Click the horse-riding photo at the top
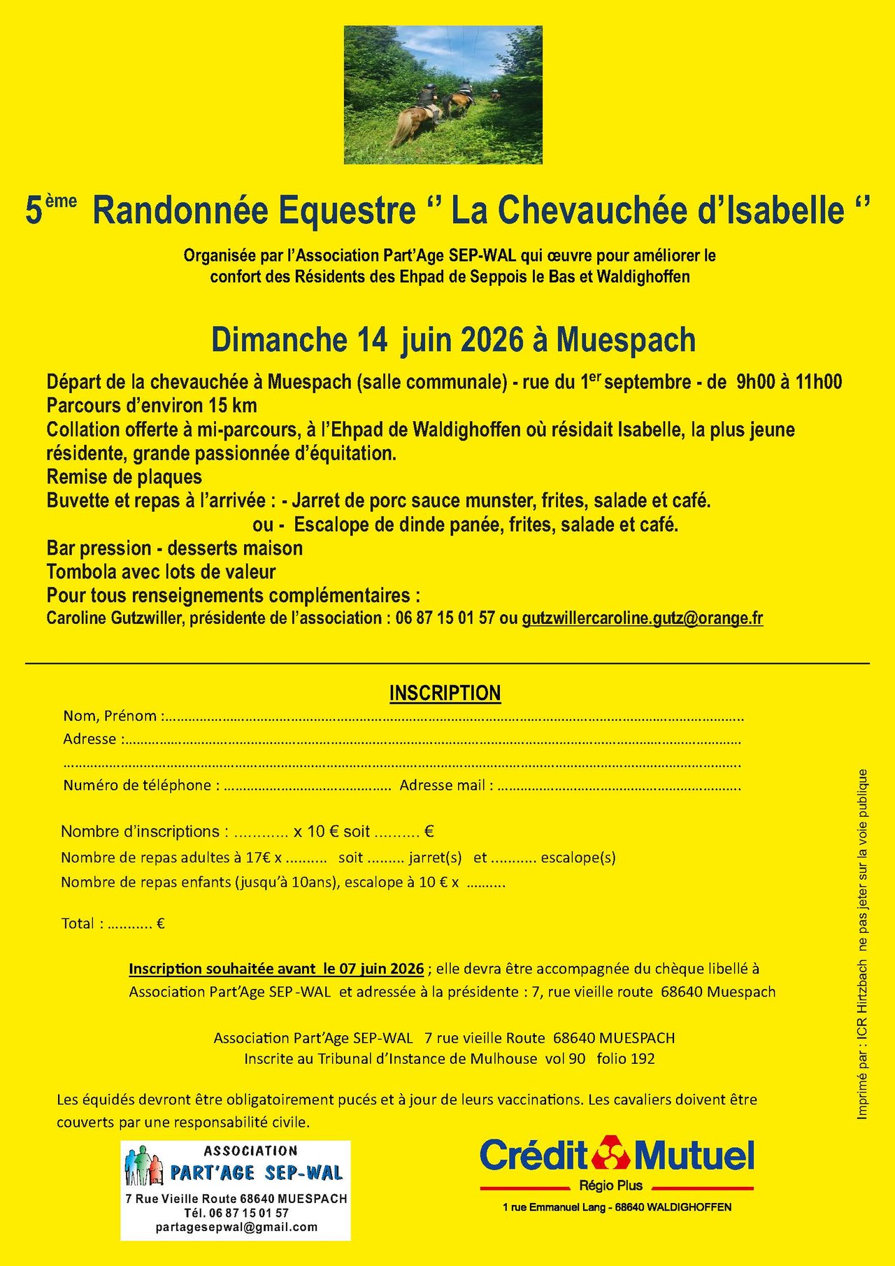coord(443,95)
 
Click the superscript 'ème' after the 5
coord(62,201)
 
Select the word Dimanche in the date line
coord(278,340)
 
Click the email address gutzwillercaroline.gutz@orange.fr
coord(642,618)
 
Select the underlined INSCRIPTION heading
coord(445,693)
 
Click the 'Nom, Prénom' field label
coord(110,716)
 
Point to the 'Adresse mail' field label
coord(443,785)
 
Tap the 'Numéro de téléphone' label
coord(137,785)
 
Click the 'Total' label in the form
coord(78,923)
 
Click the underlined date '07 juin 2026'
coord(381,969)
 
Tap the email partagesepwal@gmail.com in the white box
coord(236,1227)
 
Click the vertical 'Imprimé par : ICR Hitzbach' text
coord(862,1042)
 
